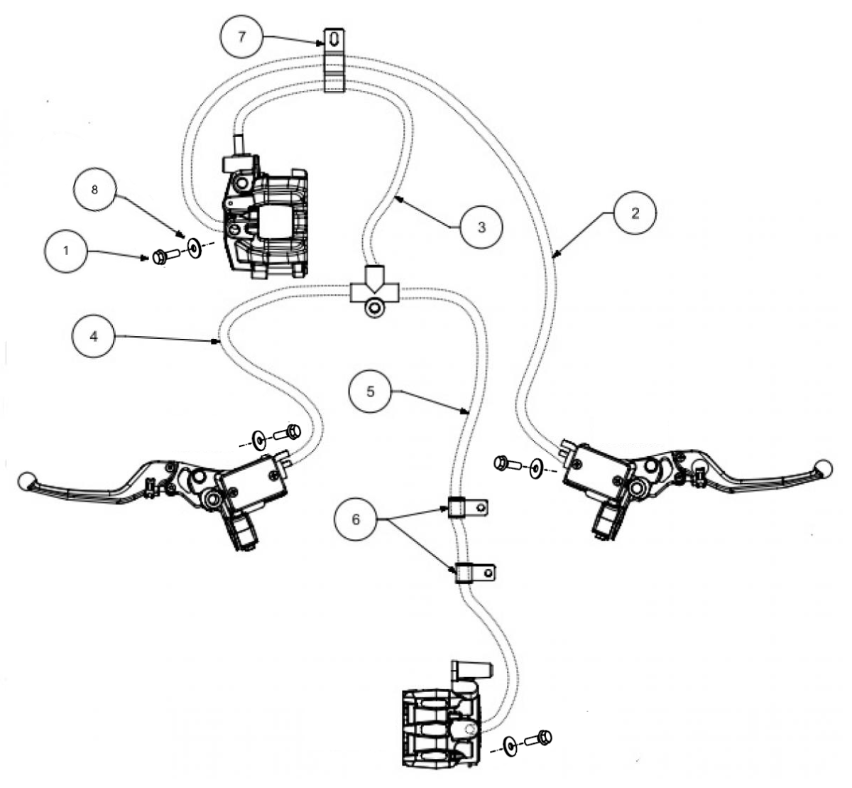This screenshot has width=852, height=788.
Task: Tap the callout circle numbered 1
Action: [x=66, y=252]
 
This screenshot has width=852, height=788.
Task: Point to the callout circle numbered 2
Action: [x=635, y=213]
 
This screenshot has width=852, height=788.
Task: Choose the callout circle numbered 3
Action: [x=481, y=227]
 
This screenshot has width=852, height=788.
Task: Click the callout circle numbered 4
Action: [x=94, y=338]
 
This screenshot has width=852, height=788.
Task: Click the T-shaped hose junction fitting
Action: [x=374, y=292]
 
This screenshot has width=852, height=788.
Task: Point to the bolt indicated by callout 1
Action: [x=164, y=257]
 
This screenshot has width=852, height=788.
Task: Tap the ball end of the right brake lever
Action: [x=824, y=467]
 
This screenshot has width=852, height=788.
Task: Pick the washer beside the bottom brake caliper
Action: [x=510, y=746]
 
